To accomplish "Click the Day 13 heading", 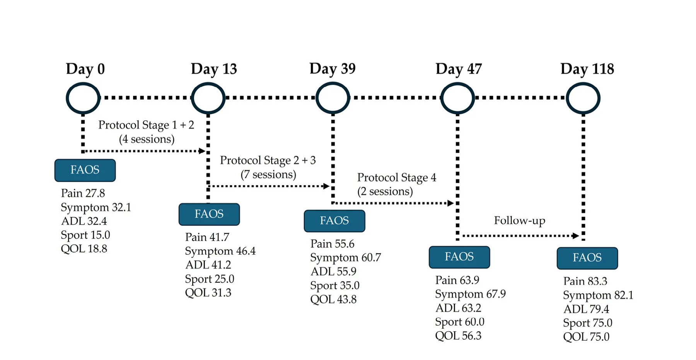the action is [214, 69].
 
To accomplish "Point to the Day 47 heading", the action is [459, 69].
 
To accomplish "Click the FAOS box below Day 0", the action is [85, 170].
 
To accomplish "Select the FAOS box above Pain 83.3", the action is [587, 258].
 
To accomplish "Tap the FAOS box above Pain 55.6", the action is [334, 221].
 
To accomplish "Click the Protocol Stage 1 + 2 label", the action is [146, 125].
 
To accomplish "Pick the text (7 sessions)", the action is [268, 174].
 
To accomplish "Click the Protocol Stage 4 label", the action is [397, 177].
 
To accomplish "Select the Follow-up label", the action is [520, 220].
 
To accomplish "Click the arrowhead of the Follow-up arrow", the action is [576, 235].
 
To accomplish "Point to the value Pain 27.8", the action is [83, 193].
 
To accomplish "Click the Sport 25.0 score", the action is [210, 279].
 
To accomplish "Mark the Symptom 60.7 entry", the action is [346, 258].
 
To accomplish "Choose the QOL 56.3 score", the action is [458, 336].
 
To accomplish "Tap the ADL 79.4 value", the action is [586, 309].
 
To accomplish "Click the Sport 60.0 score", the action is [460, 322].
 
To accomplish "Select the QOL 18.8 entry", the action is [84, 249].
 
